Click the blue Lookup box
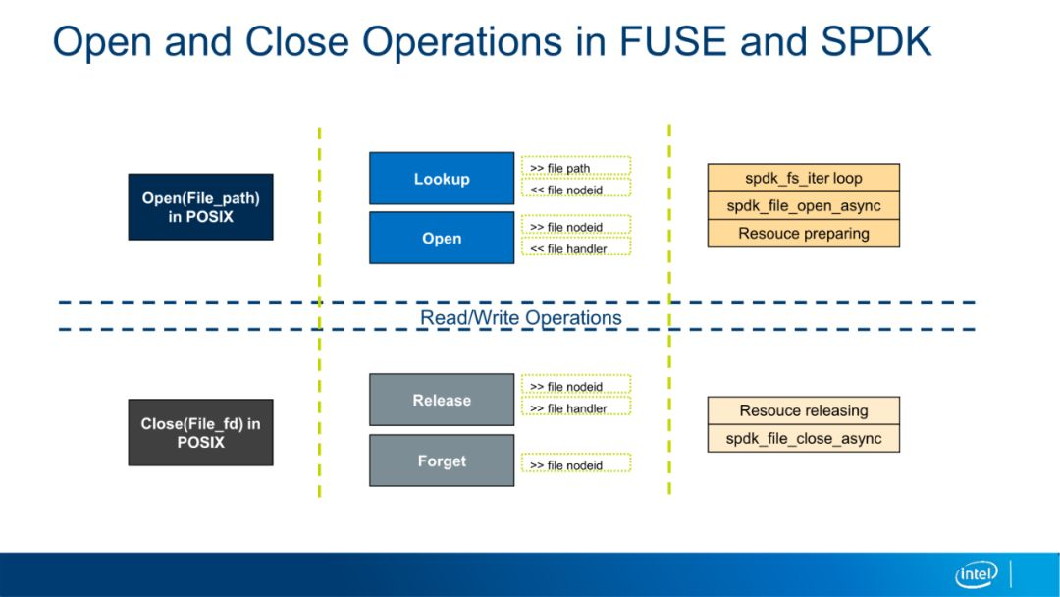coord(442,179)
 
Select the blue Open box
coord(442,238)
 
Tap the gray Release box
coord(442,400)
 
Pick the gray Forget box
coord(442,461)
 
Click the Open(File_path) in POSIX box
coord(201,207)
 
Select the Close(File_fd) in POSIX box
coord(201,432)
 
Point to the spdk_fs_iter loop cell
coord(804,178)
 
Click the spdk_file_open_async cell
coord(804,205)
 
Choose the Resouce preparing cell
coord(804,234)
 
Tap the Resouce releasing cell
coord(804,410)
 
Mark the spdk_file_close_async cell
coord(804,438)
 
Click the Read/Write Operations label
coord(520,318)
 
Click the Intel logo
coord(977,574)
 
